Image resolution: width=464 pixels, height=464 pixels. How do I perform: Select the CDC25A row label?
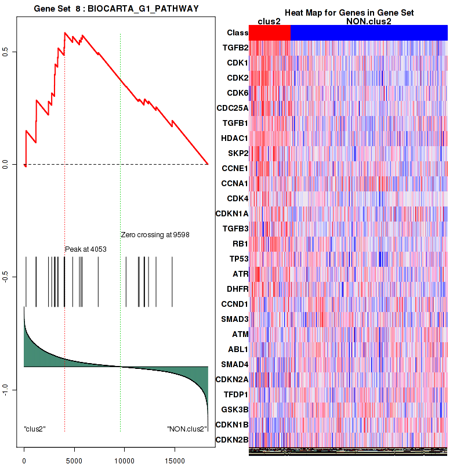232,108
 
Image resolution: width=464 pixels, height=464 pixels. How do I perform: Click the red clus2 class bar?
270,33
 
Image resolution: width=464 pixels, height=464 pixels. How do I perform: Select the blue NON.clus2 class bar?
369,33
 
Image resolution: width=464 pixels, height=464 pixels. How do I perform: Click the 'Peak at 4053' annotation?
85,249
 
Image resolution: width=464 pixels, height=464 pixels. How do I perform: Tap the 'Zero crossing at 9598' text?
155,235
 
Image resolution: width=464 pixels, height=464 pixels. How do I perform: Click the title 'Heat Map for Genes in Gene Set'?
349,13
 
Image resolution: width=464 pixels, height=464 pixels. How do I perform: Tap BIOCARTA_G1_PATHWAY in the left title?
148,9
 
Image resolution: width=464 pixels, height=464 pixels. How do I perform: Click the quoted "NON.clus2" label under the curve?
187,429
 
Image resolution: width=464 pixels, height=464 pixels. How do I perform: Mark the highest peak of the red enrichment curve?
65,33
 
